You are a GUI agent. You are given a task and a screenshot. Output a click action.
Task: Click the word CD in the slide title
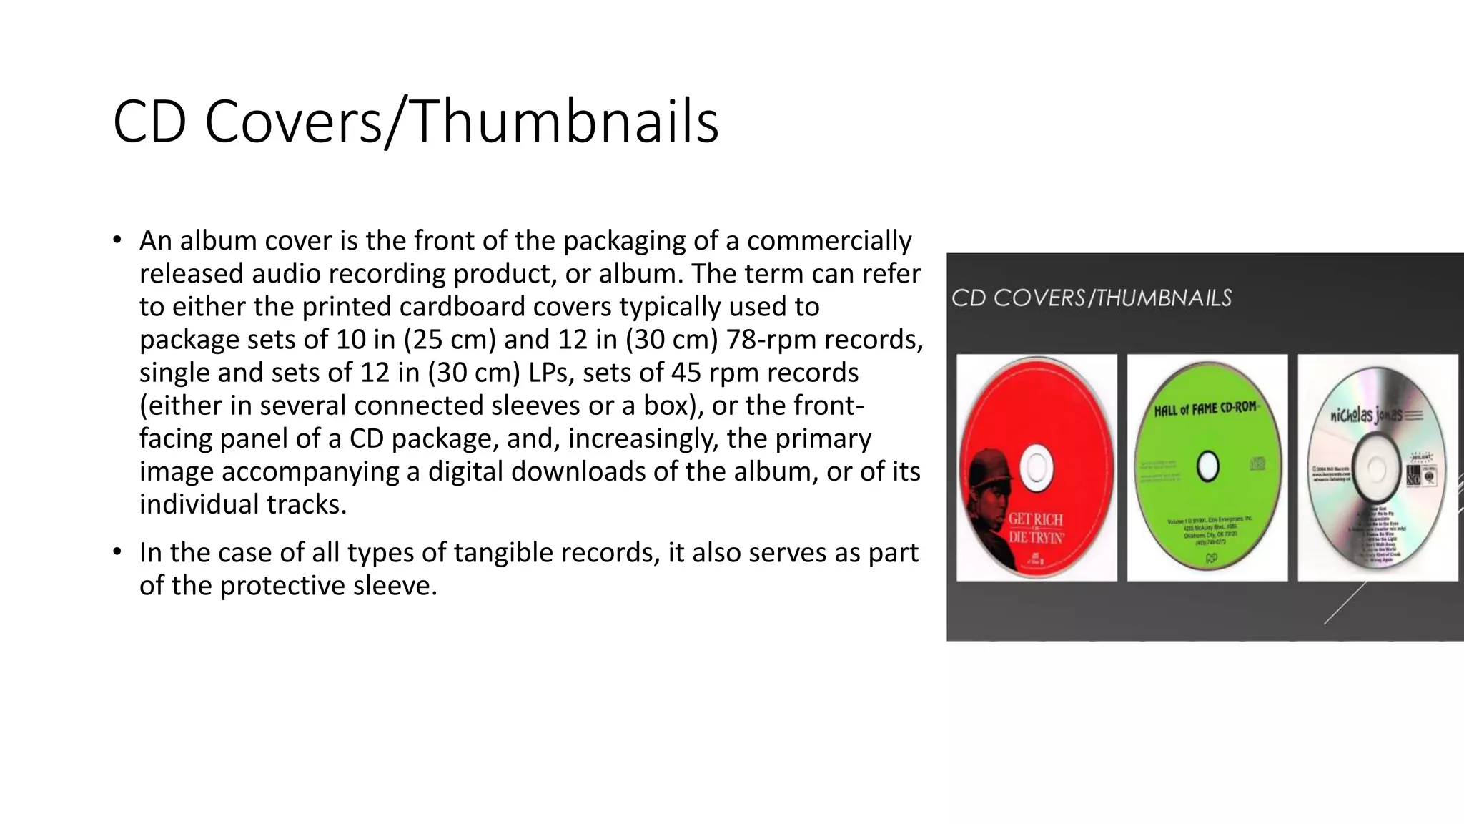click(x=149, y=122)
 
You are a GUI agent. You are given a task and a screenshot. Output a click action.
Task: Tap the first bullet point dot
click(x=117, y=240)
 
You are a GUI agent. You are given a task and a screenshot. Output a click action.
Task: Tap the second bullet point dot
click(x=117, y=552)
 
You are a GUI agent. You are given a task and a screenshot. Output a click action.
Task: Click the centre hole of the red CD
click(x=1036, y=468)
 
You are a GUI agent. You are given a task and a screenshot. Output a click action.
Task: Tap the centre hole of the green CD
click(x=1207, y=466)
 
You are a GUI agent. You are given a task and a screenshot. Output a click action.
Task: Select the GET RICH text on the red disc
click(x=1035, y=520)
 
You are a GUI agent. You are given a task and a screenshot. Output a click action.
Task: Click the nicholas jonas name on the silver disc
click(x=1365, y=415)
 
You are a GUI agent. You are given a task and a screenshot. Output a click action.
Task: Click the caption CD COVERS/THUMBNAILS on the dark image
click(x=1092, y=298)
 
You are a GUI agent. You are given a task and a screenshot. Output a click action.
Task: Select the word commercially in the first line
click(x=829, y=241)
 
